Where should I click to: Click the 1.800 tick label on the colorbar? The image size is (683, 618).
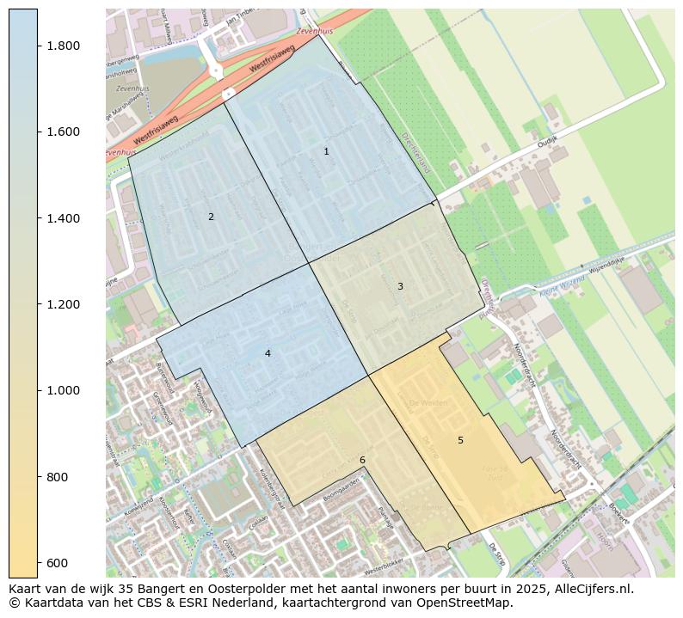(63, 46)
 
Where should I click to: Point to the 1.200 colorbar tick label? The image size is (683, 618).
(63, 304)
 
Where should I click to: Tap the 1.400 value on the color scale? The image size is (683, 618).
(63, 218)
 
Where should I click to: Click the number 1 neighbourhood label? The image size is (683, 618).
(326, 151)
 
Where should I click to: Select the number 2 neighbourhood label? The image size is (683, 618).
(211, 217)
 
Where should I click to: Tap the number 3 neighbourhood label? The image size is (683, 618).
(400, 286)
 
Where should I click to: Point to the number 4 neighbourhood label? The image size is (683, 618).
(268, 353)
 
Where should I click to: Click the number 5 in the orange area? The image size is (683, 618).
(460, 440)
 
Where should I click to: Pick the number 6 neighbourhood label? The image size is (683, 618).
(362, 460)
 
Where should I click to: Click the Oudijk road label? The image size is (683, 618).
(548, 139)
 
